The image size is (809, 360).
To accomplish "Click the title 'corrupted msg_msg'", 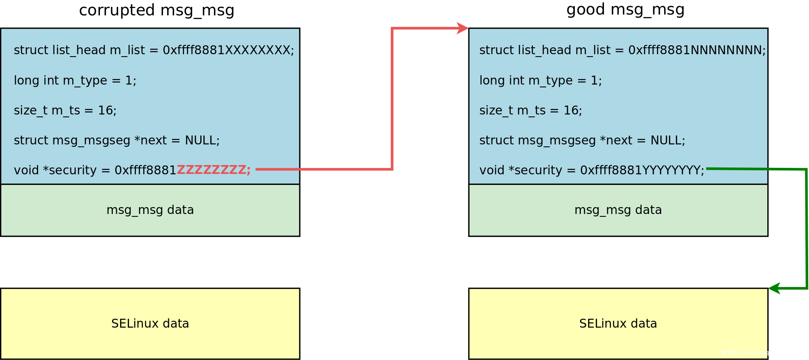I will coord(157,10).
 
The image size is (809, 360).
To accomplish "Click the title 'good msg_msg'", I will coord(625,9).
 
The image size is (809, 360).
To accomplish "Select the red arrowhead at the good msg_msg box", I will coord(462,28).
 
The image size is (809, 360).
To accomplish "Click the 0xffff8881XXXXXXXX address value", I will coord(228,50).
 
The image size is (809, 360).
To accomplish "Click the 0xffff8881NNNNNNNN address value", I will coord(697,50).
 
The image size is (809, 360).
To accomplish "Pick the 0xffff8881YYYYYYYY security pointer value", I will coord(642,170).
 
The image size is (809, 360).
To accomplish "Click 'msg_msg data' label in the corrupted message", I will coord(150,210).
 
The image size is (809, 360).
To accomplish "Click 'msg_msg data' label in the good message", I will coord(618,210).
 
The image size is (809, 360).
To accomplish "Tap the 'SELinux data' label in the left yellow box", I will coord(150,324).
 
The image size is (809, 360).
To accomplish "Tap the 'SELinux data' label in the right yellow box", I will coord(618,324).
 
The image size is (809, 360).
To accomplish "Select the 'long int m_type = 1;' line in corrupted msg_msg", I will coord(75,80).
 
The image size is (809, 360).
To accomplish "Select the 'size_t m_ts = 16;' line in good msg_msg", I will coord(530,110).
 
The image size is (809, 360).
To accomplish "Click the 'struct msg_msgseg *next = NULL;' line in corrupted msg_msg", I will coord(116,140).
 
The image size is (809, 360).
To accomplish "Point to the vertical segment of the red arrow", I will coord(392,99).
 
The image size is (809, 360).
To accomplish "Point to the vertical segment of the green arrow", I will coord(807,229).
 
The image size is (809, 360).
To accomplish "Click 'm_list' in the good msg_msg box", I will coord(593,50).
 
